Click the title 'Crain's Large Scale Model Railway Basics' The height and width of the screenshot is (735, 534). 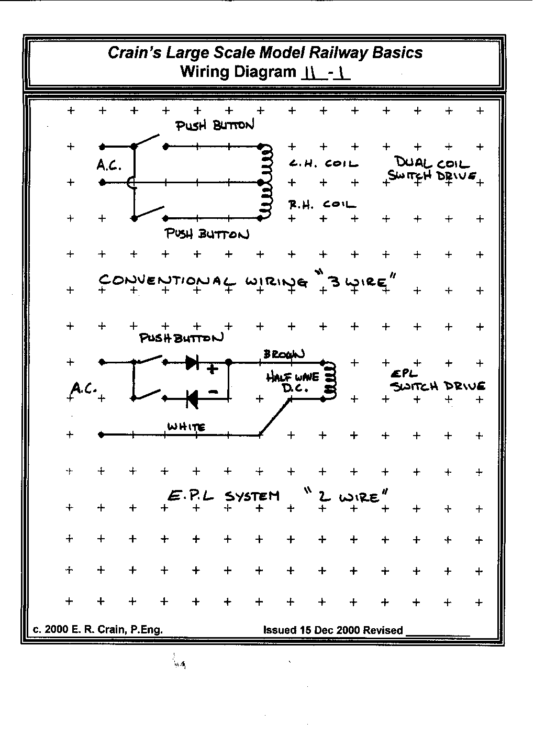[x=265, y=53]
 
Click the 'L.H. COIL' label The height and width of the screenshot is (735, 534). [x=324, y=164]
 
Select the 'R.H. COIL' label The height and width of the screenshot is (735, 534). [x=322, y=205]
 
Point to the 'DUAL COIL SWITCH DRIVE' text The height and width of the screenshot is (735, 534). [x=432, y=170]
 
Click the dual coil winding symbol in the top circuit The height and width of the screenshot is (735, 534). [x=266, y=182]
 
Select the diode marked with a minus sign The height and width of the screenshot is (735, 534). [x=192, y=399]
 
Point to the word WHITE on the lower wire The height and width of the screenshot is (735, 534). [x=186, y=427]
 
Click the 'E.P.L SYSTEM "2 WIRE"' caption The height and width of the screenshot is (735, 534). [x=277, y=496]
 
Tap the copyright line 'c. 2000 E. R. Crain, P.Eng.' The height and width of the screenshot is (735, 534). [x=98, y=630]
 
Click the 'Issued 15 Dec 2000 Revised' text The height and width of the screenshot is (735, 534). [x=333, y=630]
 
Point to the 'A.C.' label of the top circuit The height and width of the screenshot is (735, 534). [x=109, y=165]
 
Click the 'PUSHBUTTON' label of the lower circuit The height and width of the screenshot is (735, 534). [x=181, y=338]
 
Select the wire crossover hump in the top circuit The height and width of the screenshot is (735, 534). [x=131, y=182]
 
